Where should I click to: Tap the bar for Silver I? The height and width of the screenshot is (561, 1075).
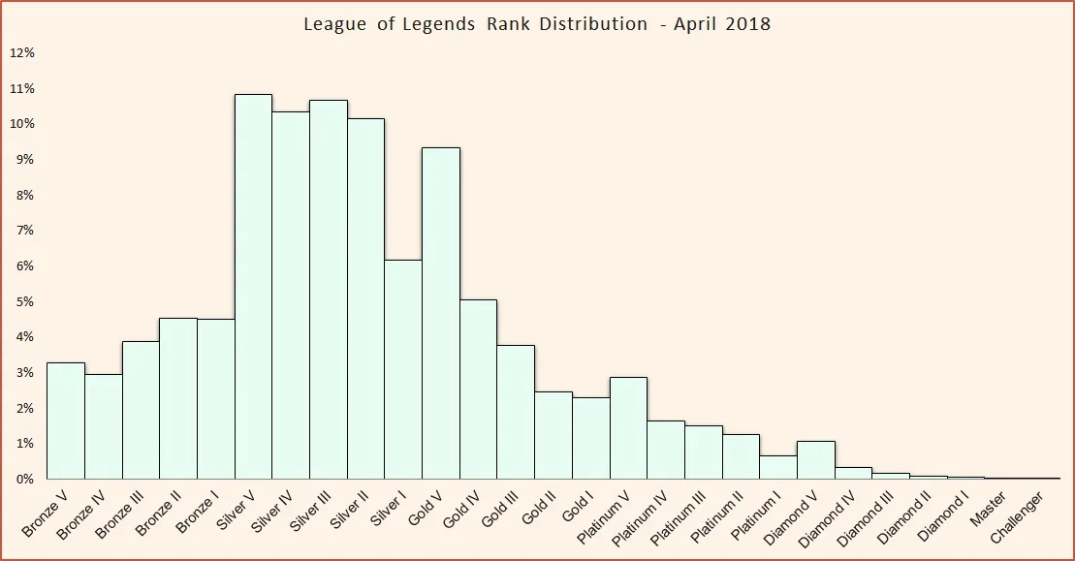tap(403, 369)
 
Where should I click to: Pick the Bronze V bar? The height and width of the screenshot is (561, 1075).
tap(66, 421)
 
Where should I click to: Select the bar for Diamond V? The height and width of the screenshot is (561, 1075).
tap(816, 460)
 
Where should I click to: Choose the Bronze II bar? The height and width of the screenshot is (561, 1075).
tap(178, 398)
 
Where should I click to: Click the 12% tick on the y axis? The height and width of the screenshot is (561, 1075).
tap(22, 52)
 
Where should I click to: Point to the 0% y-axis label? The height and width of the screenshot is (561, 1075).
tap(24, 479)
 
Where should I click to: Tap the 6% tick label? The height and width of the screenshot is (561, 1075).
tap(24, 265)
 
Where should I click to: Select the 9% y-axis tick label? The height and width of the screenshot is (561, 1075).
tap(24, 159)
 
